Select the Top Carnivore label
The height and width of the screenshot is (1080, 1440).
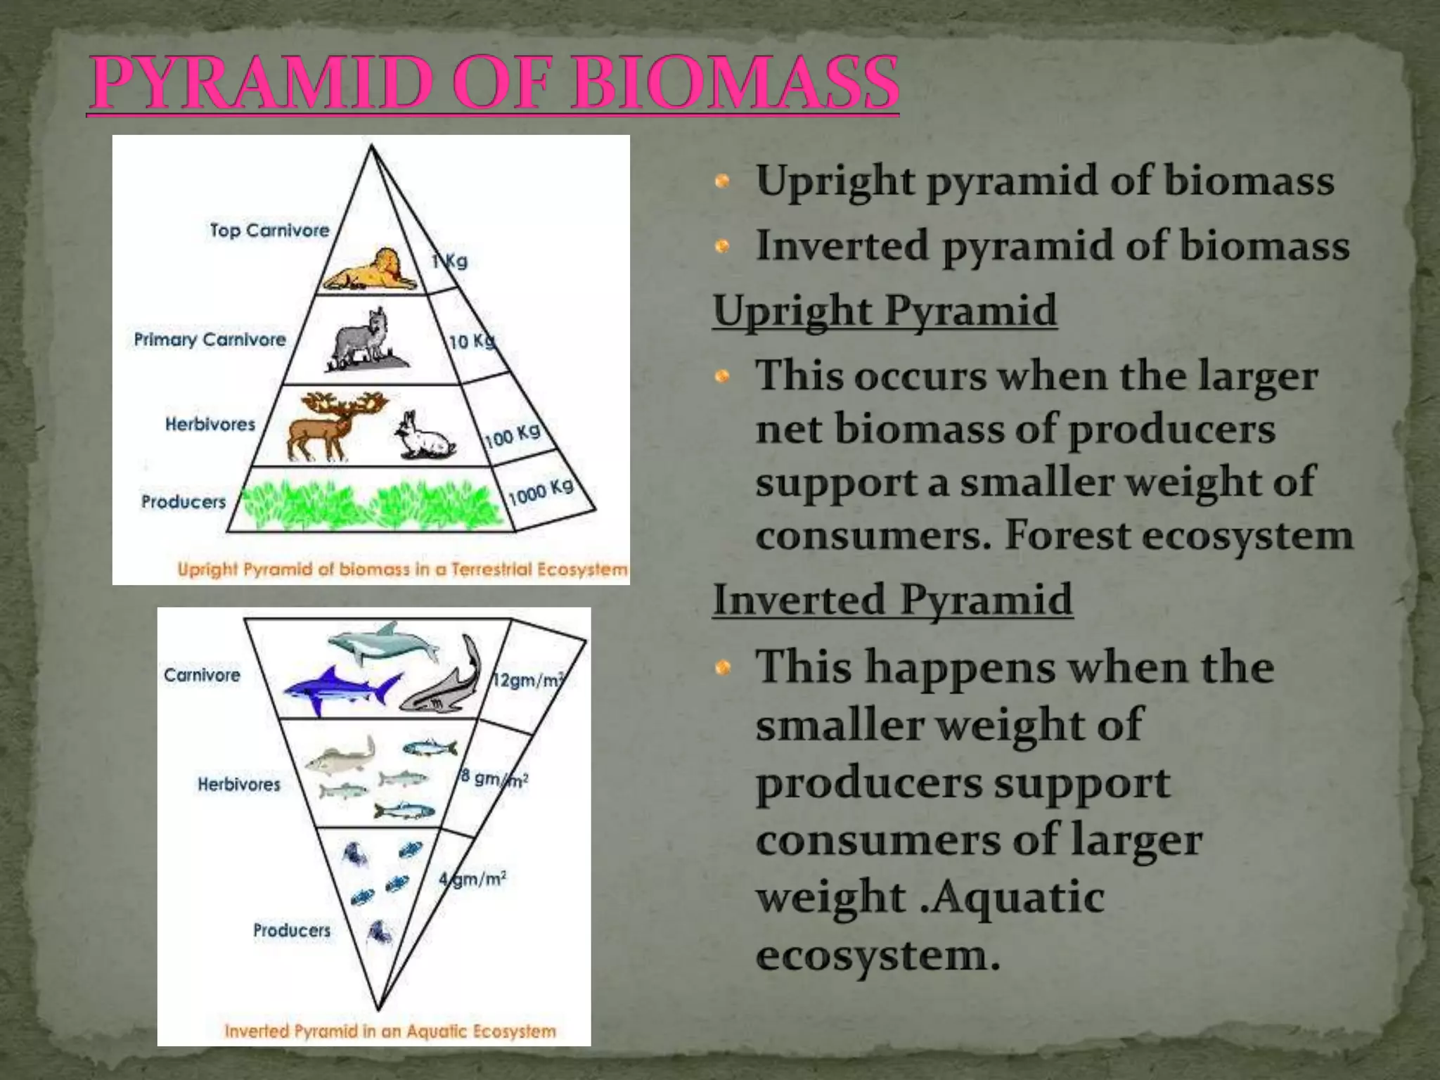(269, 231)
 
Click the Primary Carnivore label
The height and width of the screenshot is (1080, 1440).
(210, 340)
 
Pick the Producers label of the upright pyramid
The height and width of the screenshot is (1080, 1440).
(184, 502)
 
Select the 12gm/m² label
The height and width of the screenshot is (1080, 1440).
(527, 681)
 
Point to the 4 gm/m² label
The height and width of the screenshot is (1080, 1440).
(473, 879)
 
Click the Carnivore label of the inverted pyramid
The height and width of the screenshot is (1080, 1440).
(202, 675)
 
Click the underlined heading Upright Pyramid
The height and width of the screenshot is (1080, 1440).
(885, 311)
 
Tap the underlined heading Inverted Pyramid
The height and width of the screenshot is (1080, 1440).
(892, 600)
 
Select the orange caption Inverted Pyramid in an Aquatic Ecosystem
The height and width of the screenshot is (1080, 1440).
(390, 1031)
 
